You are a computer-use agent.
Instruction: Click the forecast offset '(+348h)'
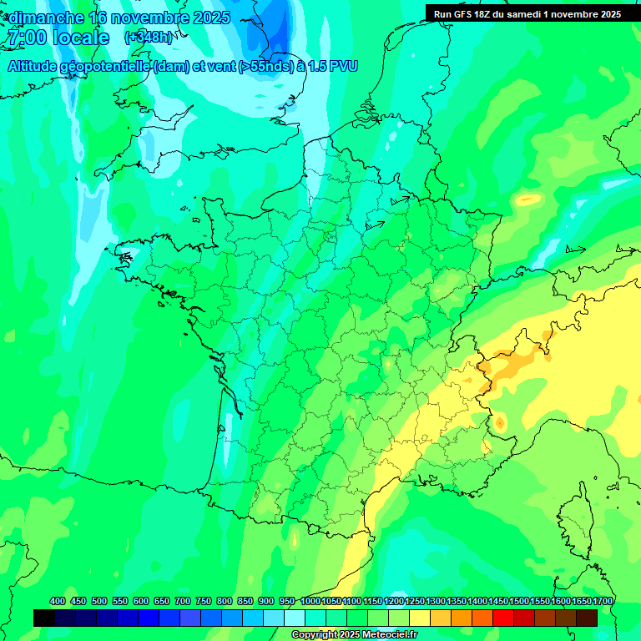click(x=149, y=38)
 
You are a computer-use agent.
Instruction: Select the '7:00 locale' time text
click(x=57, y=38)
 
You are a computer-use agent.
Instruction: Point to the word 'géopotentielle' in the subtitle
click(x=104, y=66)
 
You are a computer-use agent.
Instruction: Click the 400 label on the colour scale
click(x=58, y=601)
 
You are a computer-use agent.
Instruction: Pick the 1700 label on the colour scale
click(x=603, y=601)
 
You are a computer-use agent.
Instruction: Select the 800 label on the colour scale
click(x=225, y=601)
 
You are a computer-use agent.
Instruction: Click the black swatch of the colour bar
click(x=44, y=618)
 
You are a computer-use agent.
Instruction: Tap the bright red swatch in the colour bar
click(x=503, y=618)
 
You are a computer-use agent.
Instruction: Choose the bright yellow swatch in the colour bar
click(x=420, y=618)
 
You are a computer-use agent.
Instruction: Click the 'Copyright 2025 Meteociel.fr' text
click(x=354, y=634)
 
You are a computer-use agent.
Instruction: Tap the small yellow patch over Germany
click(x=527, y=199)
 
